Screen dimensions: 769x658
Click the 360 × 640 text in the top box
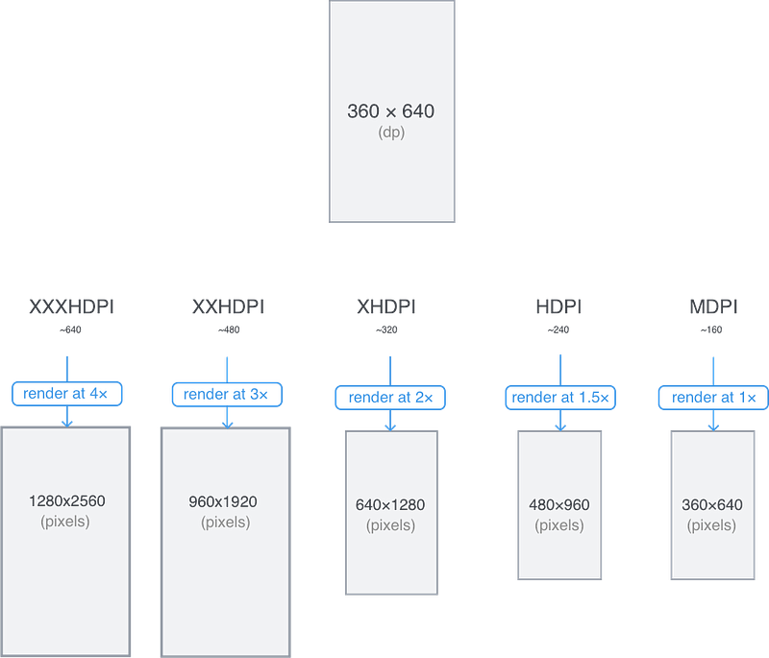tap(391, 111)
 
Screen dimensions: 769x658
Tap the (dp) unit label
tap(391, 133)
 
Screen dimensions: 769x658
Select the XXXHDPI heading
tap(71, 306)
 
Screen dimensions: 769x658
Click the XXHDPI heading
tap(228, 306)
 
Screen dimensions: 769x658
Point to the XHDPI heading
tap(386, 306)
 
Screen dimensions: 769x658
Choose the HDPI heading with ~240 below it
tap(558, 306)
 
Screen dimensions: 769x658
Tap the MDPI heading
tap(713, 306)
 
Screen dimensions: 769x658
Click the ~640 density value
tap(70, 329)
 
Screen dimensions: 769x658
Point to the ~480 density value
tap(229, 329)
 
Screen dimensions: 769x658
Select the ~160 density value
tap(711, 329)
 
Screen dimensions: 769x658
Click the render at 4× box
tap(66, 394)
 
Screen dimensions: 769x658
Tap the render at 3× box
tap(227, 395)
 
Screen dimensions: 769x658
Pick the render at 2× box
tap(390, 398)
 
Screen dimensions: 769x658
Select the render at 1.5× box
tap(560, 398)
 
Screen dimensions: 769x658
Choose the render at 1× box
tap(713, 398)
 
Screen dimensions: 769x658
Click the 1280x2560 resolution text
tap(67, 501)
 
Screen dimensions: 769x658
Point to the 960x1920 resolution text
tap(223, 501)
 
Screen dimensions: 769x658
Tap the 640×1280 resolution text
tap(390, 505)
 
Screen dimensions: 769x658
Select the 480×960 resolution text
tap(559, 505)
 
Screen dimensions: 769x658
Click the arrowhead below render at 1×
tap(713, 427)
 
